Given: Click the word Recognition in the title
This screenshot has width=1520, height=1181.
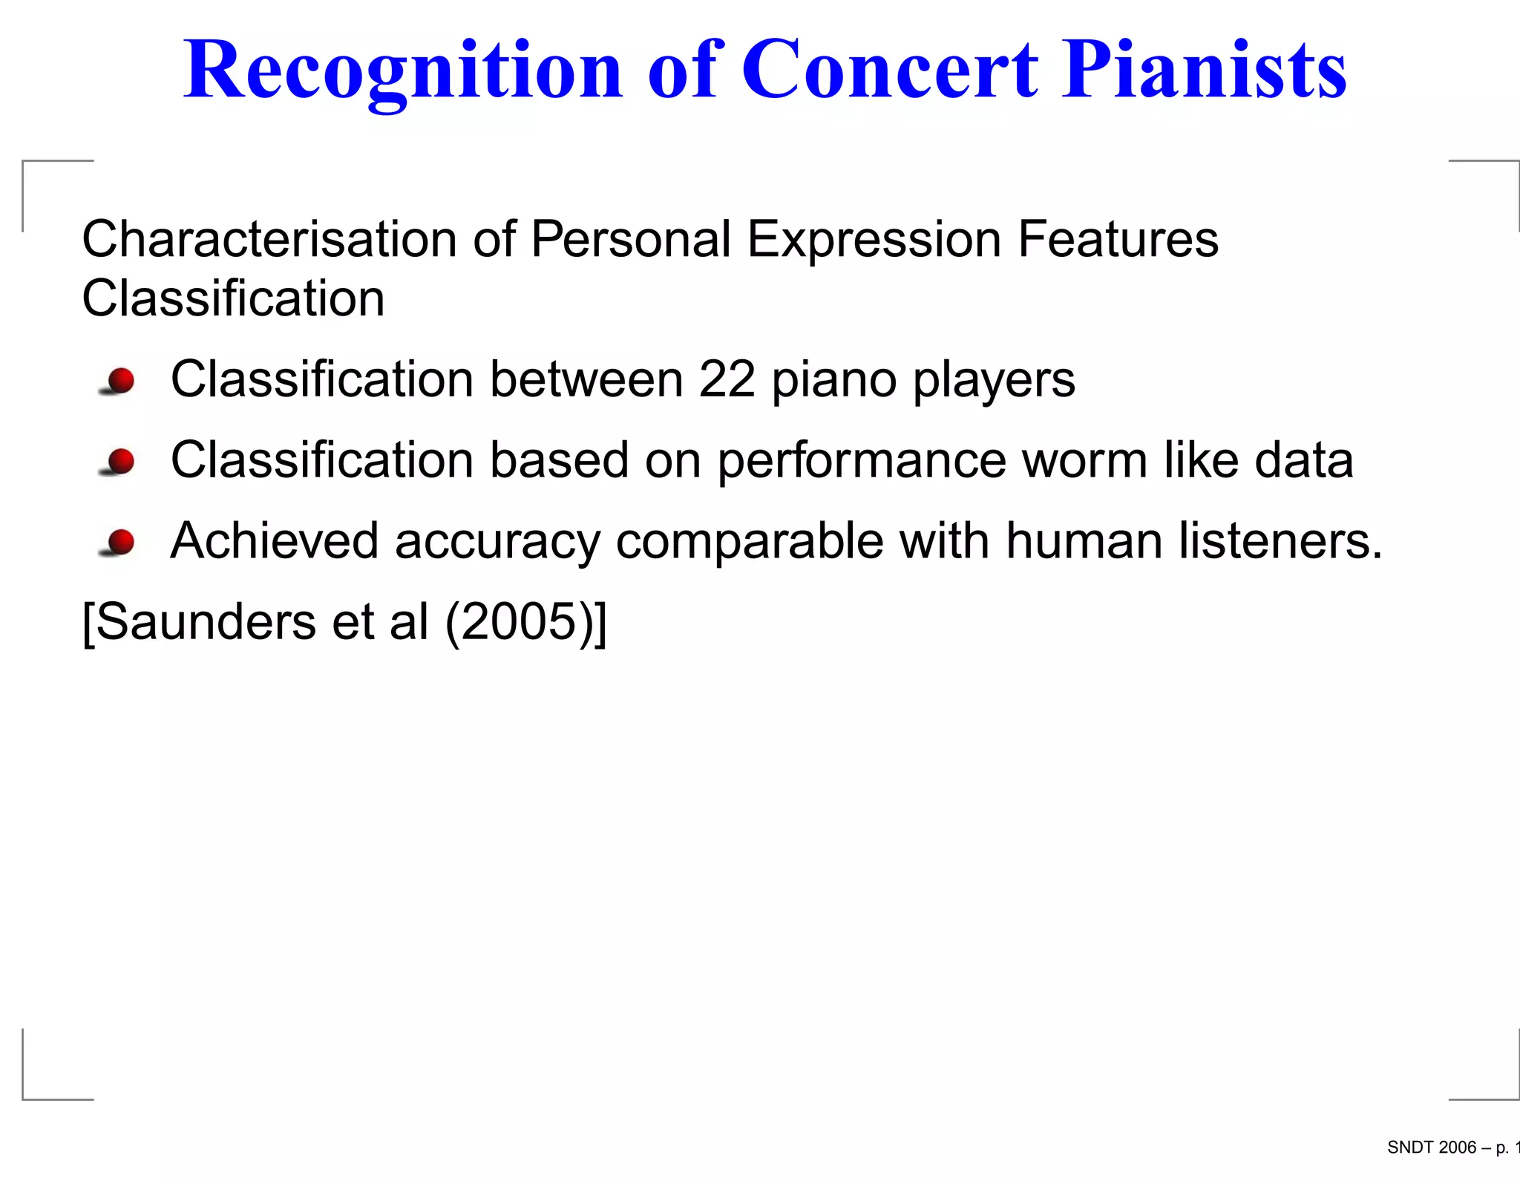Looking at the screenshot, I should coord(402,71).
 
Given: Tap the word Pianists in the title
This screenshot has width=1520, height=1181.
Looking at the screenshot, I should coord(1204,70).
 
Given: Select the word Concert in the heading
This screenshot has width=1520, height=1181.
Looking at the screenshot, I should coord(890,70).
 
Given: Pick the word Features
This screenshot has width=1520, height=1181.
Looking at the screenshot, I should coord(1118,239).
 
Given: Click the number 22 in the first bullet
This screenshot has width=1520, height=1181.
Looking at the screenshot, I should coord(727,379).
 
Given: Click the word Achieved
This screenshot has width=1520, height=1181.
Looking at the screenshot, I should coord(275,540).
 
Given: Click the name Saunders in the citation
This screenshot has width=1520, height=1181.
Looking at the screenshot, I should coord(206,621).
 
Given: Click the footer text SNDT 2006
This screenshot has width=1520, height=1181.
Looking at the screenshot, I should coord(1431,1148).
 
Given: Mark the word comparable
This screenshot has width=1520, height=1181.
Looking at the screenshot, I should coord(750,542).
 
